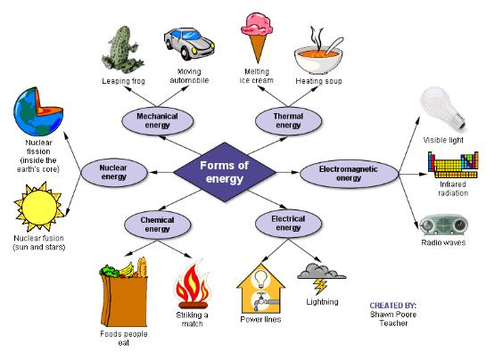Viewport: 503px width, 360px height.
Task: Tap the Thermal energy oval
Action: click(287, 120)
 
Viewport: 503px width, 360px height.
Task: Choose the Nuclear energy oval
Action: click(113, 172)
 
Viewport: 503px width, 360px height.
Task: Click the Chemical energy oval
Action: click(157, 222)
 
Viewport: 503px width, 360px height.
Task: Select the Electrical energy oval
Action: click(287, 222)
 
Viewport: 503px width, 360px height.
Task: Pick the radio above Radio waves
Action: click(442, 224)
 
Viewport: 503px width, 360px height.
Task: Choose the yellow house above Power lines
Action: click(260, 287)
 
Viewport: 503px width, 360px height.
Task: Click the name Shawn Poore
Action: click(392, 315)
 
